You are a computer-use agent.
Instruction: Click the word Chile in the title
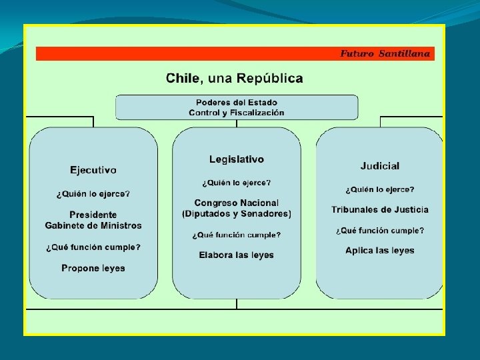point(182,79)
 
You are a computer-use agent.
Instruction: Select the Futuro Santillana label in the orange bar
point(385,53)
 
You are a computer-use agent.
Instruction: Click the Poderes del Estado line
point(237,103)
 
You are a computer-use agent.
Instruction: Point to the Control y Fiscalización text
point(237,113)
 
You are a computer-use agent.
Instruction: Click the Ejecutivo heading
point(93,170)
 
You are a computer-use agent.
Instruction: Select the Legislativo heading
point(237,159)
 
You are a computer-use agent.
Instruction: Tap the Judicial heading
point(380,165)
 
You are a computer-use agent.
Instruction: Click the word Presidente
point(93,215)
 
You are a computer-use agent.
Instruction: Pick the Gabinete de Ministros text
point(93,225)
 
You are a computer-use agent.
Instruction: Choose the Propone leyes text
point(93,268)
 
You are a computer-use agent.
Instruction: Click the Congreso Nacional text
point(237,203)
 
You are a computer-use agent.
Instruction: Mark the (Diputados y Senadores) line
point(237,214)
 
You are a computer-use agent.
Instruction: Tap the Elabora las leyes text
point(237,255)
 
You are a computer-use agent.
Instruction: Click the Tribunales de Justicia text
point(380,209)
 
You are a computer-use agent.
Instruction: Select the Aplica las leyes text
point(380,251)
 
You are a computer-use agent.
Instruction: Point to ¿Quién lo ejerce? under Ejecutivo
point(93,194)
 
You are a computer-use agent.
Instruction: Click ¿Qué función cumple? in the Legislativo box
point(237,235)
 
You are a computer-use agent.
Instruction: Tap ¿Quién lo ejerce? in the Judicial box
point(380,189)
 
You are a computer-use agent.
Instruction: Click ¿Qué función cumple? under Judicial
point(380,231)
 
